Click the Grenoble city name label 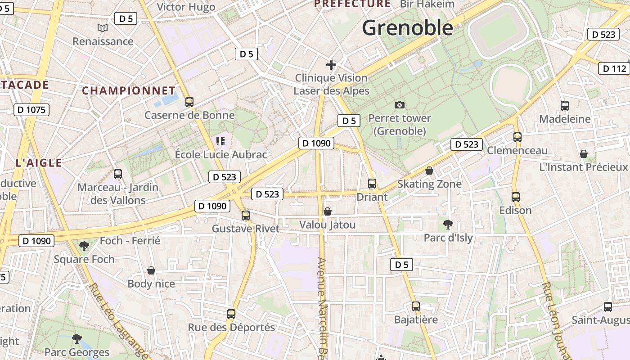click(408, 28)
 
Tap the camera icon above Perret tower click(399, 105)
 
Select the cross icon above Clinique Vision click(331, 65)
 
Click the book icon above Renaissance click(103, 28)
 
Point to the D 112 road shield click(614, 68)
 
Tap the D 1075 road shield click(31, 110)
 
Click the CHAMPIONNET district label click(128, 90)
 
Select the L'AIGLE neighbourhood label click(38, 163)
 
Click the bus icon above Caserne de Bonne click(189, 102)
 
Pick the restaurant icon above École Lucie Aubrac click(220, 141)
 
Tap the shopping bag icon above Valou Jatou click(328, 211)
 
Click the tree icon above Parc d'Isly click(448, 224)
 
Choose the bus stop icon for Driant click(372, 184)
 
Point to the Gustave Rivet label click(246, 229)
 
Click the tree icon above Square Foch click(84, 246)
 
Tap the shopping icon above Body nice click(151, 270)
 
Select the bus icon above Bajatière click(416, 306)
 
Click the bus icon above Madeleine click(565, 106)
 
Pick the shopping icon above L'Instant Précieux click(584, 154)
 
